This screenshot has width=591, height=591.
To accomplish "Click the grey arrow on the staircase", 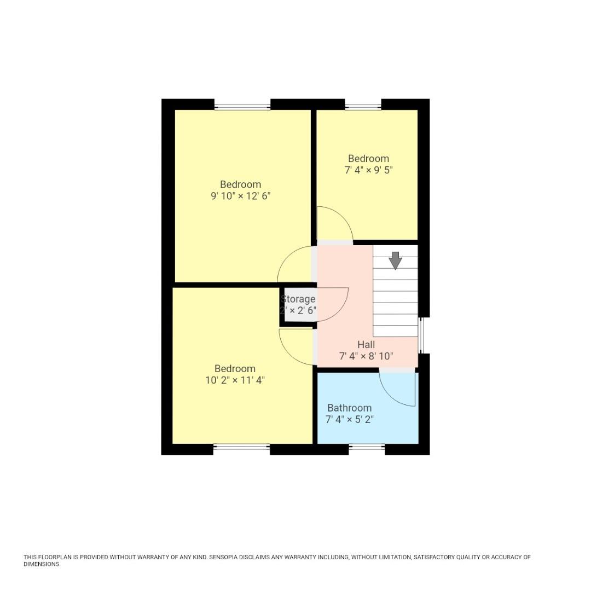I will (x=395, y=260).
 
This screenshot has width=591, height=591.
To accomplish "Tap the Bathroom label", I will (x=349, y=408).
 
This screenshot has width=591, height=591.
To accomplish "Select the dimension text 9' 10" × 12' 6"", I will (x=241, y=196).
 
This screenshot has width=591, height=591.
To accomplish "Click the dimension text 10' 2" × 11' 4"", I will (x=235, y=380).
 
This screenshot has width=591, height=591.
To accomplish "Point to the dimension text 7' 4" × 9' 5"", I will (x=368, y=170).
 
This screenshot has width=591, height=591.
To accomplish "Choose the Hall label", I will (x=366, y=345).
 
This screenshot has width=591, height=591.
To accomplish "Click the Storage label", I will (x=298, y=299).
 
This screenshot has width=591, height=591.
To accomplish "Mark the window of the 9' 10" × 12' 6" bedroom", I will (x=242, y=105).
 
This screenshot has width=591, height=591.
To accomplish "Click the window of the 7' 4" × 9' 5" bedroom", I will (x=363, y=105).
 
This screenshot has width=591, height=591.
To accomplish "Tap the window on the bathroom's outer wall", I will (x=367, y=448).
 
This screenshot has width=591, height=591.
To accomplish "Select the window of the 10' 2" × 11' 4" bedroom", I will (x=241, y=448).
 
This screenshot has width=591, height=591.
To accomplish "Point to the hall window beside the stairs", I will (x=421, y=335).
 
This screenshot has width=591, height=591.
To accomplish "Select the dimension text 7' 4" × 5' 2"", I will (x=349, y=420).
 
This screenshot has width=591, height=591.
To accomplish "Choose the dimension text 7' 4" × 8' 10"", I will (x=366, y=357).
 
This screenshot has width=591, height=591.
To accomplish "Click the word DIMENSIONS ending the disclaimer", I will (x=41, y=564).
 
